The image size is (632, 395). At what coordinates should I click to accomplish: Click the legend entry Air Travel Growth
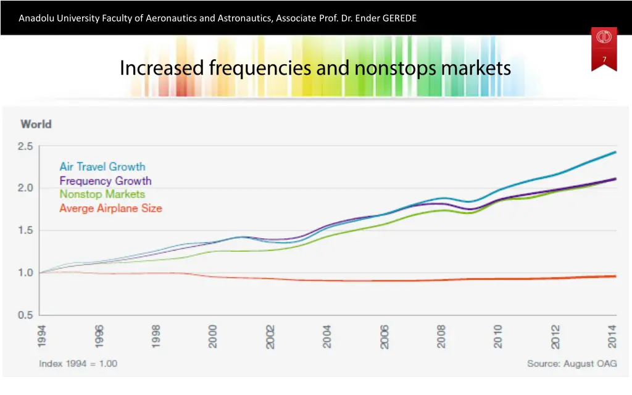[x=102, y=167]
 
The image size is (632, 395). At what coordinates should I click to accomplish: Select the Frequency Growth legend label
[x=105, y=181]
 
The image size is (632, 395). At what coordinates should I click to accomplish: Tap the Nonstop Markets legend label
[x=102, y=194]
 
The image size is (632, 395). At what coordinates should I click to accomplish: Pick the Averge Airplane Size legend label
[x=110, y=209]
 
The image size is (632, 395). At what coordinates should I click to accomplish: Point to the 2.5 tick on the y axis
[x=25, y=146]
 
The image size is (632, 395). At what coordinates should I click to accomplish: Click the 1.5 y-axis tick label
[x=25, y=231]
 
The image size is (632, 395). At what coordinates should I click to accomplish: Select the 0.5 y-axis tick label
[x=25, y=315]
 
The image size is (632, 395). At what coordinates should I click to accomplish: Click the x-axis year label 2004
[x=327, y=336]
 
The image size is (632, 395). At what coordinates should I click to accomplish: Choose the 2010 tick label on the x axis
[x=498, y=336]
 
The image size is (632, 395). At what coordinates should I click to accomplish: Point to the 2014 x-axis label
[x=612, y=336]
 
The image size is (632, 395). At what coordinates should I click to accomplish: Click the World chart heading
[x=36, y=124]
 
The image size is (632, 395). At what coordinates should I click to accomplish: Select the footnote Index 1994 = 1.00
[x=78, y=364]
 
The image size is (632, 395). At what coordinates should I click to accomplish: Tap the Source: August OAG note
[x=571, y=364]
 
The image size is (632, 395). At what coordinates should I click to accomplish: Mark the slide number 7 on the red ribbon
[x=604, y=59]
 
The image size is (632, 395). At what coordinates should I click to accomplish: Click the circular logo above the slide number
[x=604, y=38]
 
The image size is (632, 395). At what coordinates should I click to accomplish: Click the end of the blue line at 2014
[x=616, y=152]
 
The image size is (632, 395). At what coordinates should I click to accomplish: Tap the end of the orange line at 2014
[x=616, y=276]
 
